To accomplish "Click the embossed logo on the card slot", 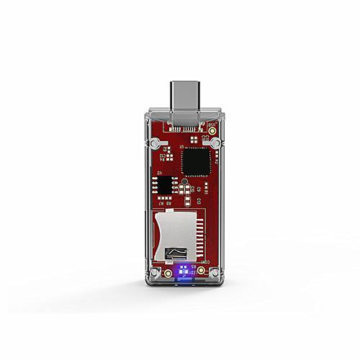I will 175,252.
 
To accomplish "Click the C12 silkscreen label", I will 163,153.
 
